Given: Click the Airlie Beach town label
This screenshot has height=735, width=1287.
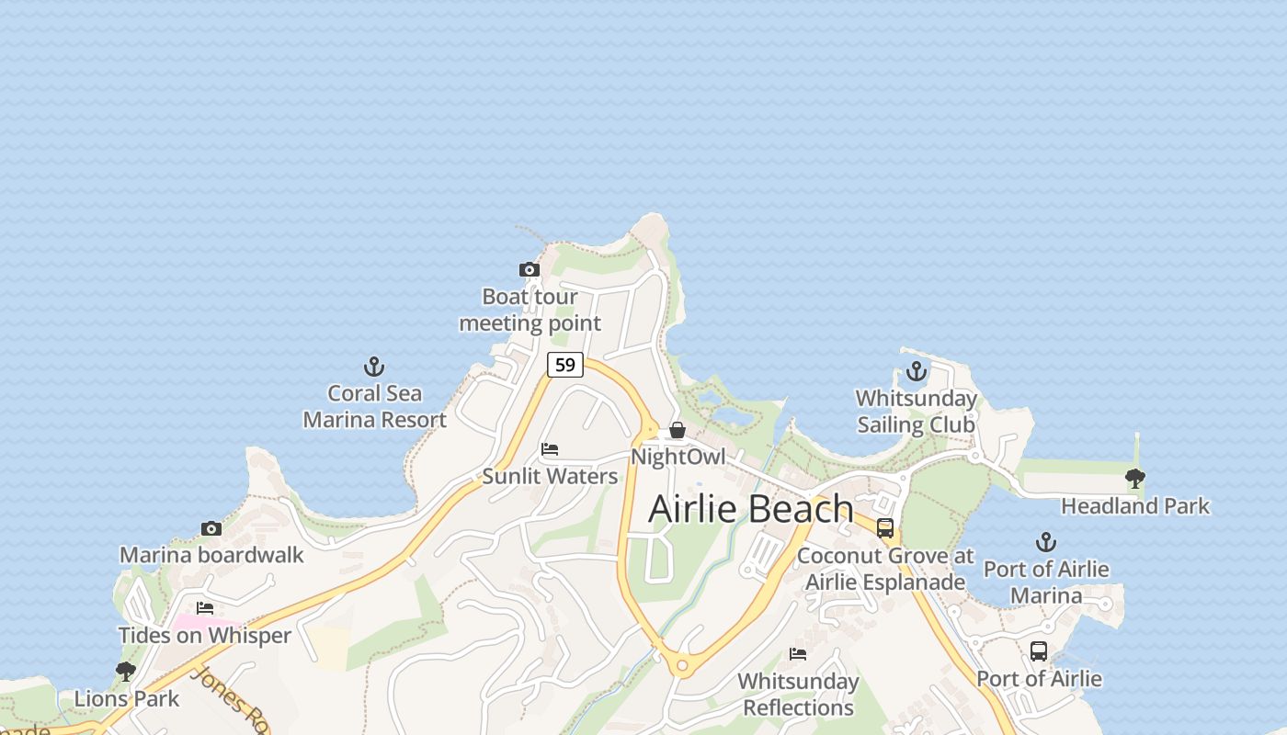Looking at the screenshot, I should click(x=751, y=508).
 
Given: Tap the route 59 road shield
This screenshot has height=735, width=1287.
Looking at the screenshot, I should click(x=565, y=365).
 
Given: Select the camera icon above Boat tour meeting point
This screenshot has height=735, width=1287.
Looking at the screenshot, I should click(x=529, y=269).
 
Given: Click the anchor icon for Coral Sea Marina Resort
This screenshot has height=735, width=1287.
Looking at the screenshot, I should click(x=373, y=367).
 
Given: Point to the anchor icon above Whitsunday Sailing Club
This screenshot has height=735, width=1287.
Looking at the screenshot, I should click(x=916, y=371).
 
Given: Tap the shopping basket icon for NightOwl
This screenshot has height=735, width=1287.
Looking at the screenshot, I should click(x=678, y=430).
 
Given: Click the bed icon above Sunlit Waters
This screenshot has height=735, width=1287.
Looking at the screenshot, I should click(x=550, y=449).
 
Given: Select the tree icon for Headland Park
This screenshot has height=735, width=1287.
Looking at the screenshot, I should click(x=1135, y=478).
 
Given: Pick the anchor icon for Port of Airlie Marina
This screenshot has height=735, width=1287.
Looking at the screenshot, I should click(x=1045, y=542).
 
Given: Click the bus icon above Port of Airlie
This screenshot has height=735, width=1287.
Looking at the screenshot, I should click(x=1039, y=651).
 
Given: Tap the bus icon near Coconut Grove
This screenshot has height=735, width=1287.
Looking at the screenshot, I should click(x=885, y=528).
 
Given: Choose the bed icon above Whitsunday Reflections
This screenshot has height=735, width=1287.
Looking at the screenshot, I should click(x=798, y=654).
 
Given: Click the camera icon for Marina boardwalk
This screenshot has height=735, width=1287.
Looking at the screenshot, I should click(x=211, y=528).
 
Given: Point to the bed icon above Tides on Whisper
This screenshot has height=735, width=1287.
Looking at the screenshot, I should click(x=205, y=608).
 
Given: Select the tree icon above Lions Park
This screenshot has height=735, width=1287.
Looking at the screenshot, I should click(x=126, y=672).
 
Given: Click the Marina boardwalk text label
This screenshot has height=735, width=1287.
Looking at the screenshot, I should click(x=211, y=555).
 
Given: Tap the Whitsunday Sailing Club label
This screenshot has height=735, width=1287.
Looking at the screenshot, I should click(x=917, y=412).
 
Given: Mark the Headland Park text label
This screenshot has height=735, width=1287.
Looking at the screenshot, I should click(x=1135, y=505).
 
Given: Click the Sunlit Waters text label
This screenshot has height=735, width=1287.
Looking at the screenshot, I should click(x=550, y=476).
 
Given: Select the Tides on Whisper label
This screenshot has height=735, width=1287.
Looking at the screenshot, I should click(x=205, y=635).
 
